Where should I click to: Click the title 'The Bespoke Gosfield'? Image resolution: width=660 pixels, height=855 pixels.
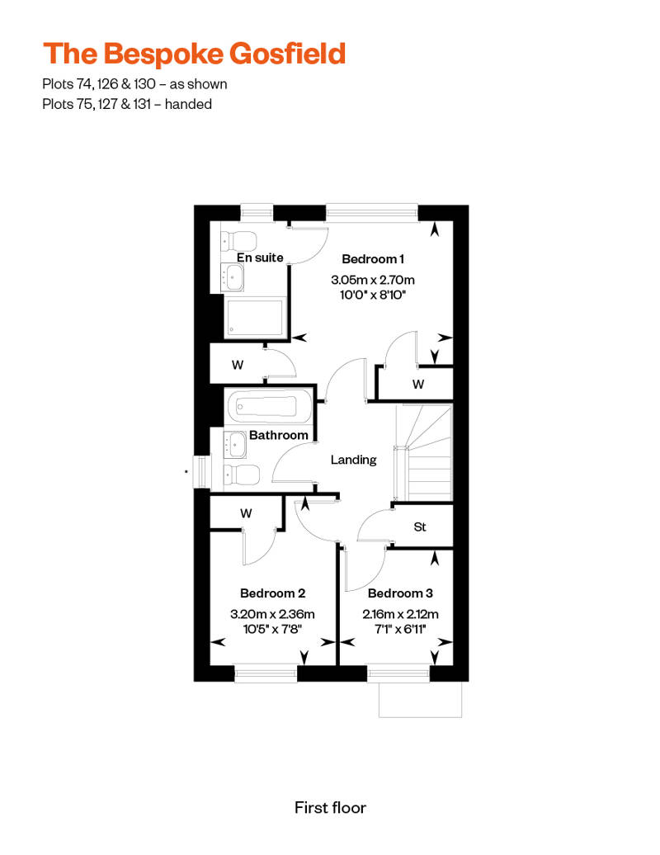point(195,54)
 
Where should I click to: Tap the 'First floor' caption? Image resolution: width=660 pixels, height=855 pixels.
point(330,808)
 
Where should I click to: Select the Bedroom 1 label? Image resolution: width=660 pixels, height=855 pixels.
point(373,259)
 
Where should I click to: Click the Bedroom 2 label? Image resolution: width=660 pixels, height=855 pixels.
point(272,593)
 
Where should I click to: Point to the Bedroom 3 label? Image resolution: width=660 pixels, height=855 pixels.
point(401,593)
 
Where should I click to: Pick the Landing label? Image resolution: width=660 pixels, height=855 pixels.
point(354,461)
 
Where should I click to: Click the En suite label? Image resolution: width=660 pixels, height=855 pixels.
point(260,257)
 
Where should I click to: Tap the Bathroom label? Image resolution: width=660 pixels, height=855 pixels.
point(279,435)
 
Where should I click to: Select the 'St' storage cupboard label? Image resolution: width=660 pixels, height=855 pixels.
point(420,527)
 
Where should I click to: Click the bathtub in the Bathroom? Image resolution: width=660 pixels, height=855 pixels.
point(267,406)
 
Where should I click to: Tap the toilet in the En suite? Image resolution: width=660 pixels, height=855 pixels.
point(238,240)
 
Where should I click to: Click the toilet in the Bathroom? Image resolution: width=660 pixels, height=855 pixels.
point(241,474)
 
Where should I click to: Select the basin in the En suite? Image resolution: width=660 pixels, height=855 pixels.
point(233,277)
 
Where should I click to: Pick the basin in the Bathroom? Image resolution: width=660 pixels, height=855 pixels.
point(235,444)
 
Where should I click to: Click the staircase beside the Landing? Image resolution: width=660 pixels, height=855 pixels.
point(424,452)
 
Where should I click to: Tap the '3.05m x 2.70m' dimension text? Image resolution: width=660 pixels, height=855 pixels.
point(373,281)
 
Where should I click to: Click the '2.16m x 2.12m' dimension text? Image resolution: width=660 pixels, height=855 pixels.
point(401,614)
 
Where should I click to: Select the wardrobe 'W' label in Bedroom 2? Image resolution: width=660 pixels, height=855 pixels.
point(247,513)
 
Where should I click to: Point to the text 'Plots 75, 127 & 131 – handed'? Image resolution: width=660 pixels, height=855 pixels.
point(127,104)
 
